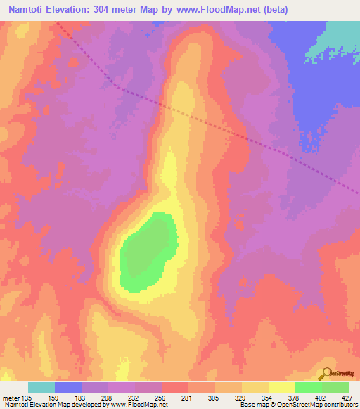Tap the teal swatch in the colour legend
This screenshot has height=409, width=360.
(x=41, y=387)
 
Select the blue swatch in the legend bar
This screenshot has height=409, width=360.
(x=68, y=387)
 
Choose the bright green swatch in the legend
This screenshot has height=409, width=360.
(x=309, y=387)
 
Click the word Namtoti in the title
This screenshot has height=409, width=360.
(x=29, y=10)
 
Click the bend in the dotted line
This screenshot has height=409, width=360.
(x=117, y=87)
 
